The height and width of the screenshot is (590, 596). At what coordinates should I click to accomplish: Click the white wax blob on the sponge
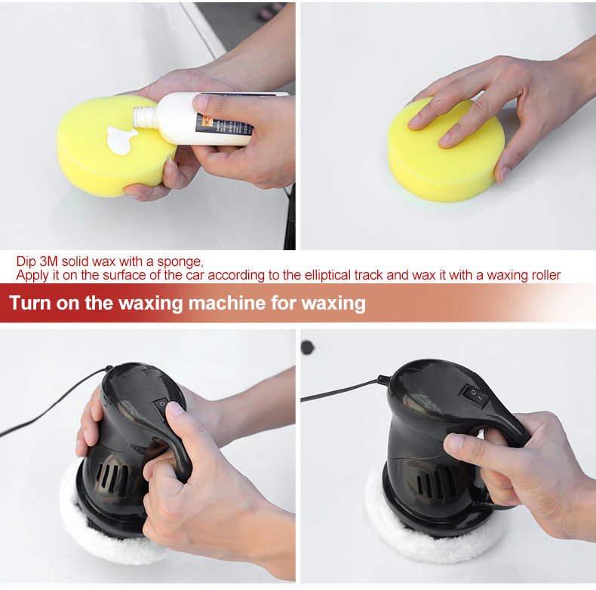[121, 140]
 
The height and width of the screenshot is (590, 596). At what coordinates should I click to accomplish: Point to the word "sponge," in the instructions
[180, 262]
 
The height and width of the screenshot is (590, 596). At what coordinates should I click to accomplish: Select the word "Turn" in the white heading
[30, 303]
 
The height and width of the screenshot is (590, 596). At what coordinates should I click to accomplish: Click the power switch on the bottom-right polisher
[475, 396]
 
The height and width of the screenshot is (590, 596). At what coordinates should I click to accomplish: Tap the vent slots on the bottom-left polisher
[112, 479]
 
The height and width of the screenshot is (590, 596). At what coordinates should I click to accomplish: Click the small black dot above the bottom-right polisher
[307, 347]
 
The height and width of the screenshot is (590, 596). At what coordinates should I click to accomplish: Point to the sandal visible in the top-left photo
[269, 11]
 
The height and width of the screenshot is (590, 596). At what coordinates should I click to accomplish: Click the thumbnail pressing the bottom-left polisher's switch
[176, 408]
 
